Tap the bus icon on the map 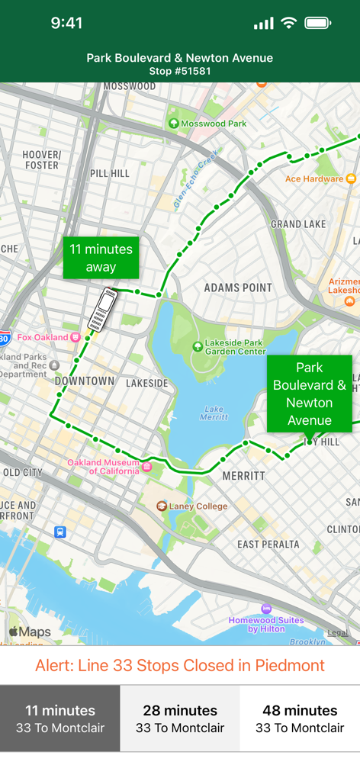click(x=102, y=310)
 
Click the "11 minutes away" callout click(x=101, y=258)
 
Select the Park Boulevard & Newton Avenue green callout click(x=309, y=394)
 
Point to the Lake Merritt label click(x=214, y=412)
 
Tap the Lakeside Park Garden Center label click(x=229, y=346)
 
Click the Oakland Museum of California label click(x=104, y=466)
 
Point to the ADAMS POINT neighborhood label click(x=238, y=288)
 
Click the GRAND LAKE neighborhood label click(x=298, y=224)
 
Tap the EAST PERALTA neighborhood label click(x=269, y=544)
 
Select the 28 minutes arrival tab click(x=180, y=718)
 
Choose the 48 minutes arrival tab click(x=300, y=718)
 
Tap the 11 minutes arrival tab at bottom click(x=60, y=718)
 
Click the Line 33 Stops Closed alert click(x=180, y=665)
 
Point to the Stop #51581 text click(x=180, y=71)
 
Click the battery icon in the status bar click(x=317, y=23)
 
